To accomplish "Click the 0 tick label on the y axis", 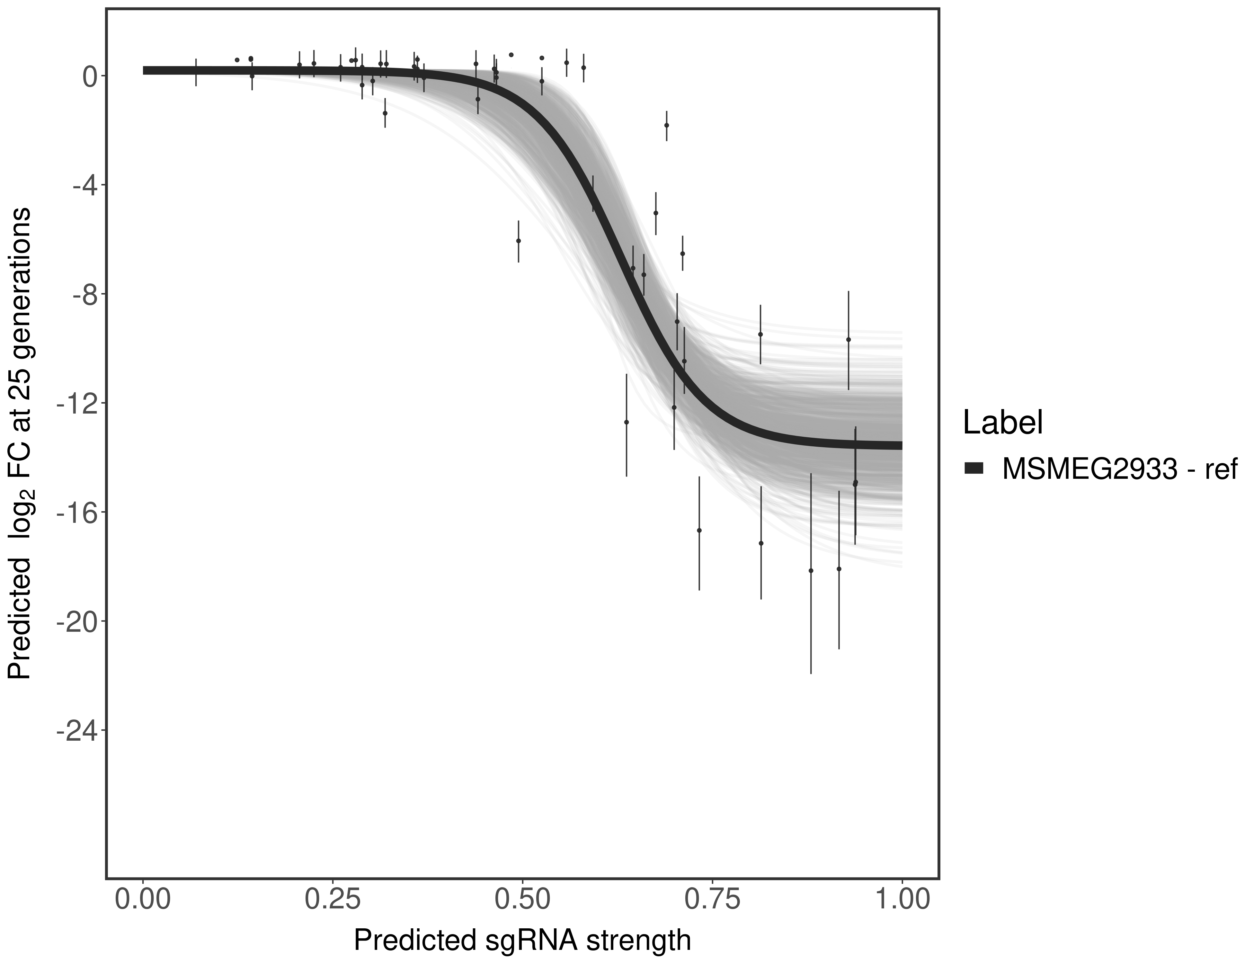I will pyautogui.click(x=90, y=77).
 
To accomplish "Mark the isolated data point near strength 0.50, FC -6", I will pyautogui.click(x=519, y=241).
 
